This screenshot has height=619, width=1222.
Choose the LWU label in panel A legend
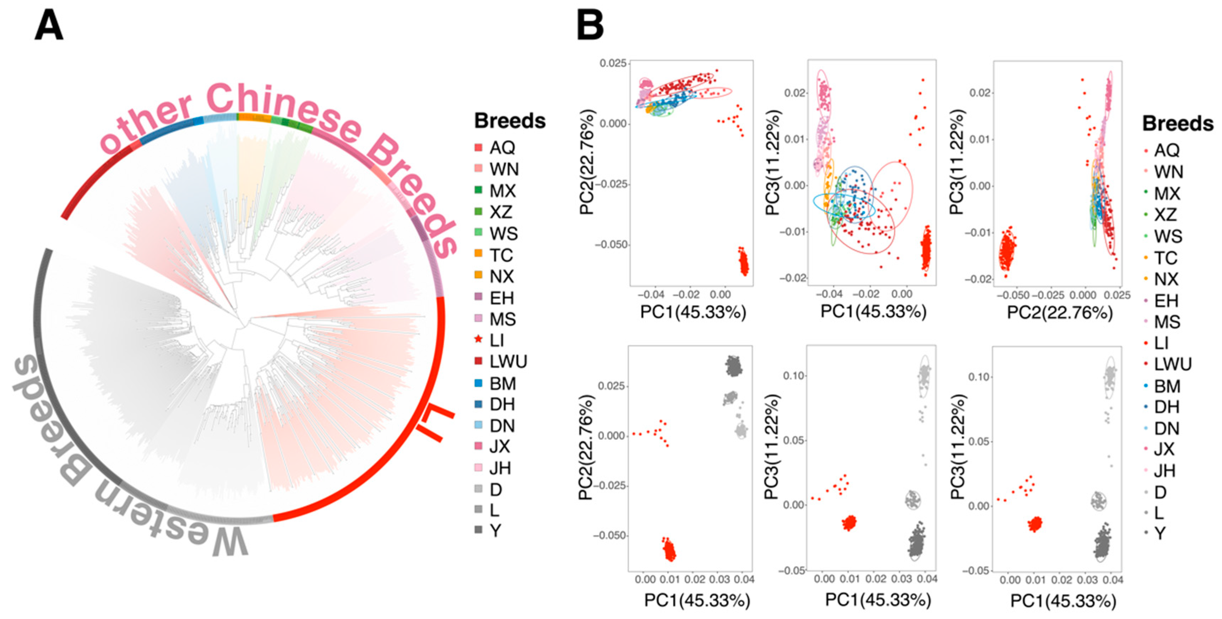[x=508, y=362]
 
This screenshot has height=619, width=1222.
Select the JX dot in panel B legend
[x=1146, y=449]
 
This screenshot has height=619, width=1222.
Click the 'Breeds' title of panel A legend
[x=510, y=121]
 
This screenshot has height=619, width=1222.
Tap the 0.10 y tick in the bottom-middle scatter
[x=794, y=376]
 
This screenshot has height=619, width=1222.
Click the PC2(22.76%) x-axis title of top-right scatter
[x=1060, y=312]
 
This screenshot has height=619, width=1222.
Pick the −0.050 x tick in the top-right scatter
[x=1012, y=295]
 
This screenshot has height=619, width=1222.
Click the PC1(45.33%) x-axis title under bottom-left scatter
[x=697, y=600]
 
